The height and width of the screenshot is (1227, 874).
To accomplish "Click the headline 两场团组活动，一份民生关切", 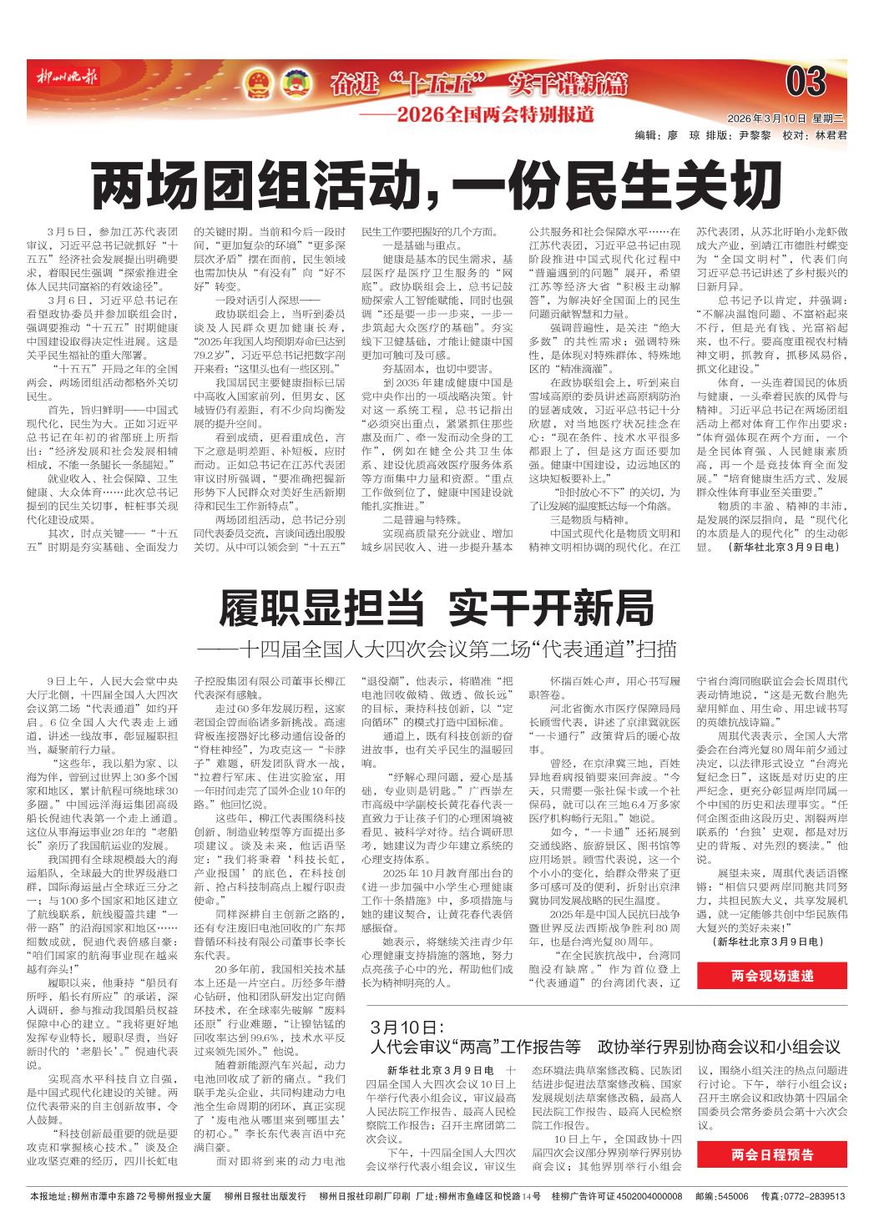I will click(x=436, y=187).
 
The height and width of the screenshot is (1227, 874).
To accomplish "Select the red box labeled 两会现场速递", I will click(x=771, y=975).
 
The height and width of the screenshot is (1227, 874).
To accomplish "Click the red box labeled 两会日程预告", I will click(x=771, y=1154).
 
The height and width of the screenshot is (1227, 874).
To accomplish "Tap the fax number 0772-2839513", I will click(x=814, y=1196).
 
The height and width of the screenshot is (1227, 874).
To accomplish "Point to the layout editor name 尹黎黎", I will click(x=756, y=134).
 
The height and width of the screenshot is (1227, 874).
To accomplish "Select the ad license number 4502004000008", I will click(x=636, y=1196).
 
